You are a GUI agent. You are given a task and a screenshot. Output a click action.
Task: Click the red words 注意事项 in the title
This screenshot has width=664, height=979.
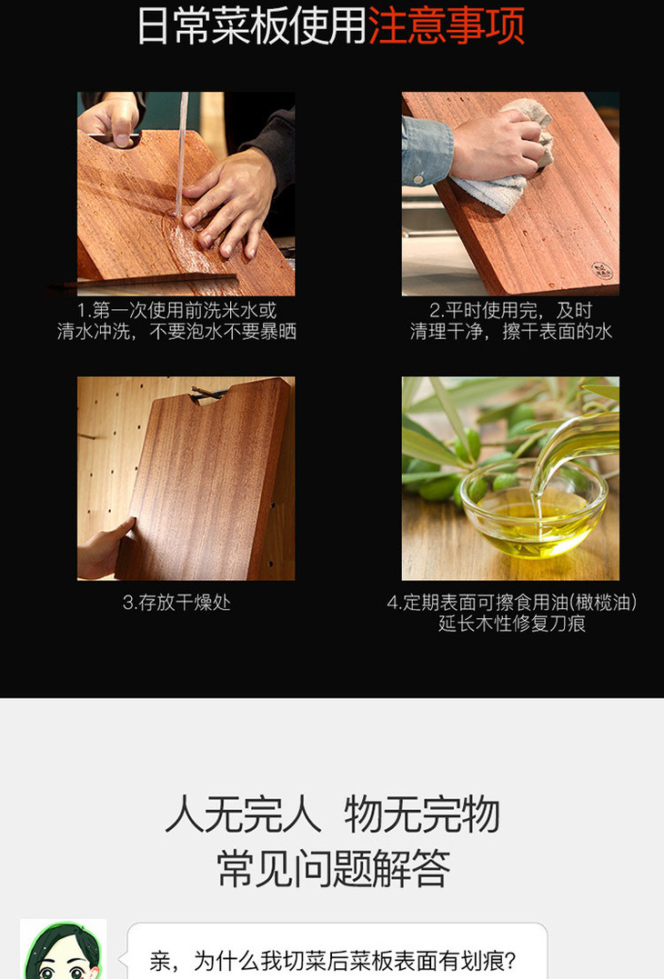(446, 25)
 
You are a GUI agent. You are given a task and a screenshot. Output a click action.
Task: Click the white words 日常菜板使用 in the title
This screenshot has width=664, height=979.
(252, 25)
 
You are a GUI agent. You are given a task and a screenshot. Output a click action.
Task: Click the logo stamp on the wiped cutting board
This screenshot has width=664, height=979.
(601, 270)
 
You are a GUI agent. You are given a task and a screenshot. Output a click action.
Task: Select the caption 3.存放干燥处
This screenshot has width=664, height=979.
(176, 603)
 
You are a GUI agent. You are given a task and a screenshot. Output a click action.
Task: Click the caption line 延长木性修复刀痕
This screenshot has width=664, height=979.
(511, 623)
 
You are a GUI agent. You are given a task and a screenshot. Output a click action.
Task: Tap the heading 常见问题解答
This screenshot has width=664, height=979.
(333, 868)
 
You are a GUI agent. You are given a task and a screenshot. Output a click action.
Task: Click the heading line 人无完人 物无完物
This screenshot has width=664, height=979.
(332, 814)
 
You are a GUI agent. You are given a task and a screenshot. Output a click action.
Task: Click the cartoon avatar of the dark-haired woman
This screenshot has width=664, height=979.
(63, 949)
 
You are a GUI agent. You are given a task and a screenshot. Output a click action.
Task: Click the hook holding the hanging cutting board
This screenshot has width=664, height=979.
(207, 393)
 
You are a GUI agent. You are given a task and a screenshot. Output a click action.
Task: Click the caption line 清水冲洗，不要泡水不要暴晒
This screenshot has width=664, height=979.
(176, 331)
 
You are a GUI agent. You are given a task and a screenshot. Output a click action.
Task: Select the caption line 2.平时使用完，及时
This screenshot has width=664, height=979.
(511, 310)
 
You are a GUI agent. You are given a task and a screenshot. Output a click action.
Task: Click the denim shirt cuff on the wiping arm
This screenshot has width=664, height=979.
(427, 152)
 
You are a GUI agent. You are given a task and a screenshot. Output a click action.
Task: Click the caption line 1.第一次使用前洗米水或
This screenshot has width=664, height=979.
(176, 310)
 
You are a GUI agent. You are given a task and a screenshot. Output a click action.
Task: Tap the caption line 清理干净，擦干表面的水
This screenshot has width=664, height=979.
(511, 331)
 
